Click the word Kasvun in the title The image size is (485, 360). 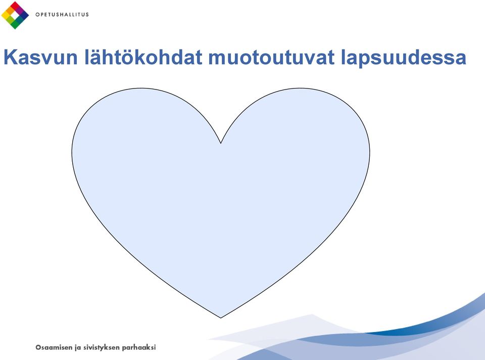click(40, 57)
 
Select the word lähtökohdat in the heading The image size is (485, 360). click(143, 57)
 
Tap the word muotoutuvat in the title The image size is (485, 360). click(272, 58)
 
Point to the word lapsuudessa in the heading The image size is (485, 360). click(404, 58)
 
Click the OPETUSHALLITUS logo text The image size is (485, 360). click(62, 15)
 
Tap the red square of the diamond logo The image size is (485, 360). click(15, 6)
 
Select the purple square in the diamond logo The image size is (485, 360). click(19, 11)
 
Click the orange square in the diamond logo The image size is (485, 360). click(11, 11)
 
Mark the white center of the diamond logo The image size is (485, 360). click(15, 15)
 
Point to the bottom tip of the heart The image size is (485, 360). click(221, 318)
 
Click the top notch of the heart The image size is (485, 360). click(221, 143)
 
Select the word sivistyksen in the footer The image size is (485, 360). click(102, 348)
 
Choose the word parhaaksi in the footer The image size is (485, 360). click(139, 348)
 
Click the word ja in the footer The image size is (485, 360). click(78, 348)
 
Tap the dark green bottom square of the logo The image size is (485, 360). click(15, 24)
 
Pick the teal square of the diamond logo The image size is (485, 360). click(19, 20)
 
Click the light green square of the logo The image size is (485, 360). click(11, 20)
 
